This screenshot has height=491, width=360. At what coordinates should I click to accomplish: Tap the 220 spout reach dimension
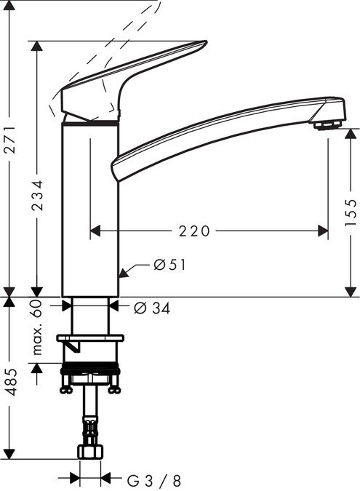[195, 231]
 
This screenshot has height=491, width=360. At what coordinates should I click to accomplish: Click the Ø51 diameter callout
[169, 266]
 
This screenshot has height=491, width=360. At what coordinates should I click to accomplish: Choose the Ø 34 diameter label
[152, 308]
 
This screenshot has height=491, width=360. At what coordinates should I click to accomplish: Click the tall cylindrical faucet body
[89, 211]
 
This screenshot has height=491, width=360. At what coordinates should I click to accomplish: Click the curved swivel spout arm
[218, 131]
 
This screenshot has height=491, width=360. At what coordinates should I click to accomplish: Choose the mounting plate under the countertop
[90, 338]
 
